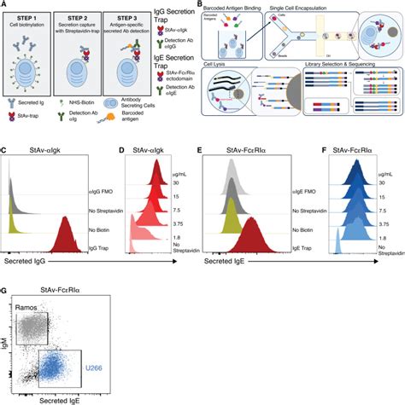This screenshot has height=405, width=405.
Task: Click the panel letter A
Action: (x=5, y=5)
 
